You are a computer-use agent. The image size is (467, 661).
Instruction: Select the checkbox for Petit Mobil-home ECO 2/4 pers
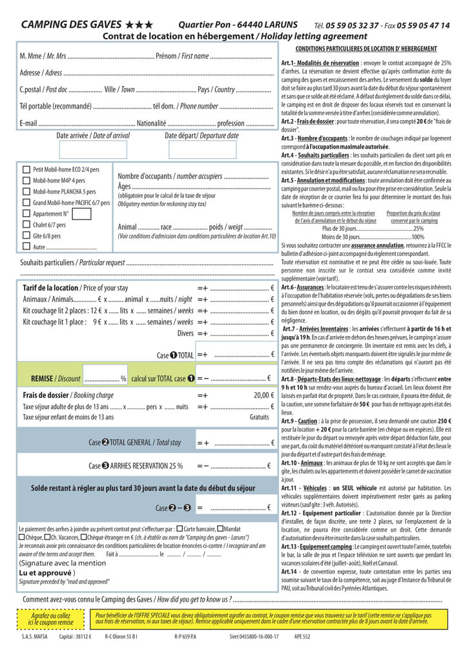26,169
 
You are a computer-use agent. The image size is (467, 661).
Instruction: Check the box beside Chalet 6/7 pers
26,225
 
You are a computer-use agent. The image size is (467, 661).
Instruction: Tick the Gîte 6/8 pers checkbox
26,236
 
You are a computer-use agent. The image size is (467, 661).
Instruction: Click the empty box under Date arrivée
93,150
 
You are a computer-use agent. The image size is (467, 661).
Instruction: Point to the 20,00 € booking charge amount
264,395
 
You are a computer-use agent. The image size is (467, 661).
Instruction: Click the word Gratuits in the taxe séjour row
259,417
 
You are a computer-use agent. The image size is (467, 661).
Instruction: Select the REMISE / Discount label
56,379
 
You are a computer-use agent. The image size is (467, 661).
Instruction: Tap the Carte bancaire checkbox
180,528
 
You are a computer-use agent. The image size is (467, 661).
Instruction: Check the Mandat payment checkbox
220,528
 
